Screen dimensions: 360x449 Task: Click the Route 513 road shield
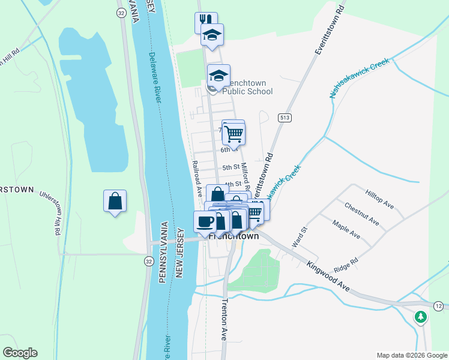(x=284, y=117)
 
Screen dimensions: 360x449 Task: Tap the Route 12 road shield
(x=439, y=307)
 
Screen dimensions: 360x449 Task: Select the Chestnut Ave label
(x=361, y=214)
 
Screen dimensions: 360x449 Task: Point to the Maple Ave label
(x=346, y=229)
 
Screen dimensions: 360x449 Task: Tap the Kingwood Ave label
(x=328, y=276)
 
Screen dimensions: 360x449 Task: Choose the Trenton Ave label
(x=225, y=320)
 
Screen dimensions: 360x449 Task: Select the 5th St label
(x=231, y=167)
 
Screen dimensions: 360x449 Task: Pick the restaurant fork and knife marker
(x=205, y=22)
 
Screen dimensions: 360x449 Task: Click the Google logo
(x=20, y=353)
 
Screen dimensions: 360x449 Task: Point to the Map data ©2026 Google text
(x=412, y=355)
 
